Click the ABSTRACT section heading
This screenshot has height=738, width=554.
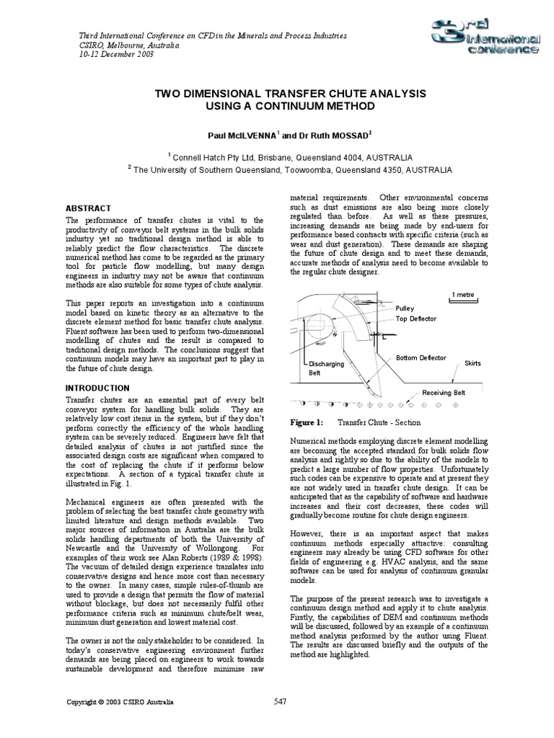88,208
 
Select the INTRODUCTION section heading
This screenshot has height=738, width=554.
97,388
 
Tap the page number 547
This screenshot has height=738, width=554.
282,701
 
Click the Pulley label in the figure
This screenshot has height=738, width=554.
405,308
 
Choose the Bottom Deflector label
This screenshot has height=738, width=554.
421,358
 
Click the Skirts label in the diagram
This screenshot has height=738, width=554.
472,363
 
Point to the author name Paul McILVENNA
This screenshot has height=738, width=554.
242,135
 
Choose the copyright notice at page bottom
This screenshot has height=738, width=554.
120,701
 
